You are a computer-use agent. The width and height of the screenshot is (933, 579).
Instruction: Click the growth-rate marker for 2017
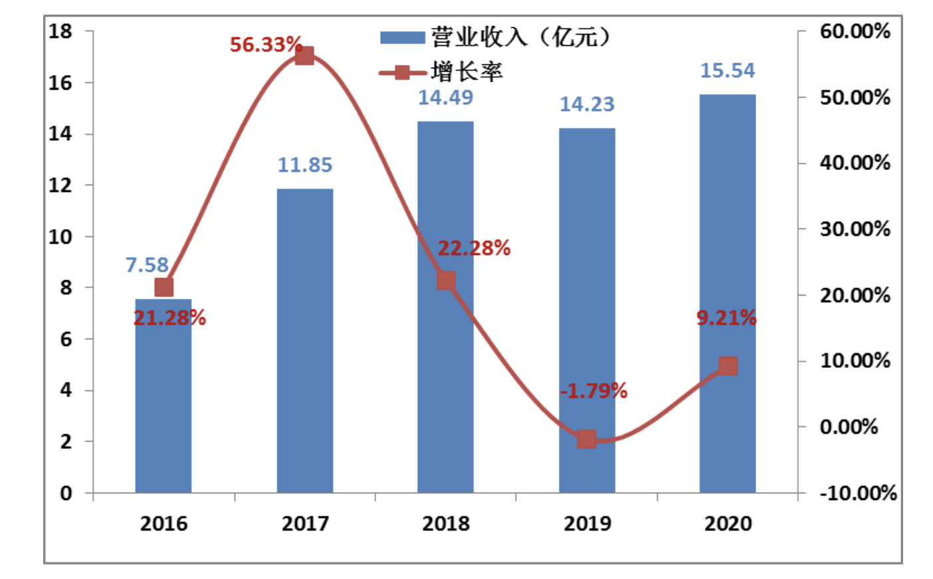coord(304,56)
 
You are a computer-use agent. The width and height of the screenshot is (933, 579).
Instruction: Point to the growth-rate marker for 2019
coord(586,439)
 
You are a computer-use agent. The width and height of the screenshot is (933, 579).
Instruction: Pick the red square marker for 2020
coord(728,365)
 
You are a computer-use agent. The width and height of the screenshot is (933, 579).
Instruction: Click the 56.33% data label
coord(266,44)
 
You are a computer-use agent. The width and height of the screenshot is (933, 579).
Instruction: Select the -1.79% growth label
coord(593,390)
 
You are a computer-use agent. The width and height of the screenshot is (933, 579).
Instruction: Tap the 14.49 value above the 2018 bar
coord(445,98)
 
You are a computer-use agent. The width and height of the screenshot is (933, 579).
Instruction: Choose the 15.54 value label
coord(728,70)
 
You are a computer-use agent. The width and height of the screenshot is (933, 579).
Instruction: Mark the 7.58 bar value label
coord(147,265)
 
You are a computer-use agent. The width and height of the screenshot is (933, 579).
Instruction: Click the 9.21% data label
coord(726,317)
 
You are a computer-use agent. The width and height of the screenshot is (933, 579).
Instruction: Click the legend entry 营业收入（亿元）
coord(495,37)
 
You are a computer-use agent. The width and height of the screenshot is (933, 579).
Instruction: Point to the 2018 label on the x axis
coord(446,523)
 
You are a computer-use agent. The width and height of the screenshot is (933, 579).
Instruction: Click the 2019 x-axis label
coord(587,523)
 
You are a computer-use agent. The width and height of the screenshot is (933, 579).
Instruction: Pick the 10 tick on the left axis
coord(60,236)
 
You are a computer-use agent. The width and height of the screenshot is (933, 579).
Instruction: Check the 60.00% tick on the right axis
coord(855,31)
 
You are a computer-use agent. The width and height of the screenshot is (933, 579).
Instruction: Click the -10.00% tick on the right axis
coord(858,493)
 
